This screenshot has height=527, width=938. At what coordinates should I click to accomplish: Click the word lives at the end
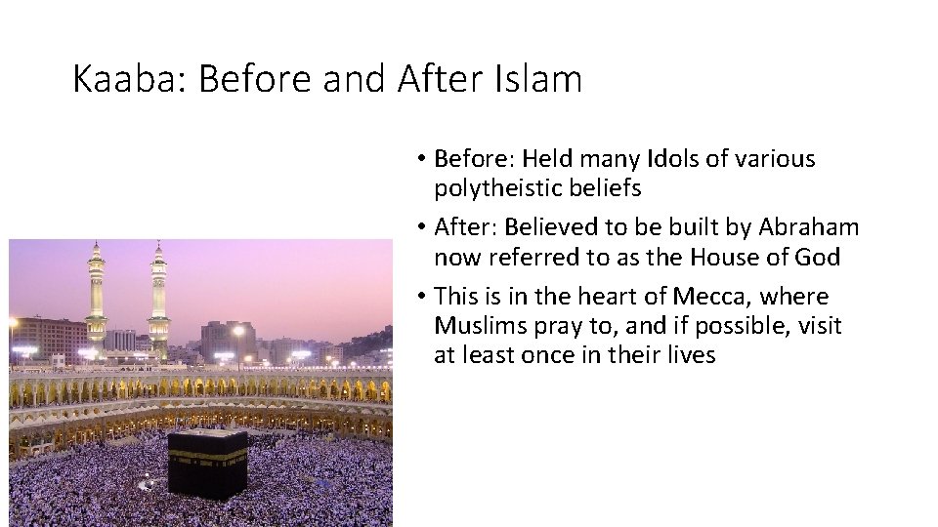coord(690,355)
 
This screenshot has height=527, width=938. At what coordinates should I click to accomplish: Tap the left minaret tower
coord(96,293)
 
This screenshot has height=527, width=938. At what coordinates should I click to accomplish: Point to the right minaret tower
coord(158,293)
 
